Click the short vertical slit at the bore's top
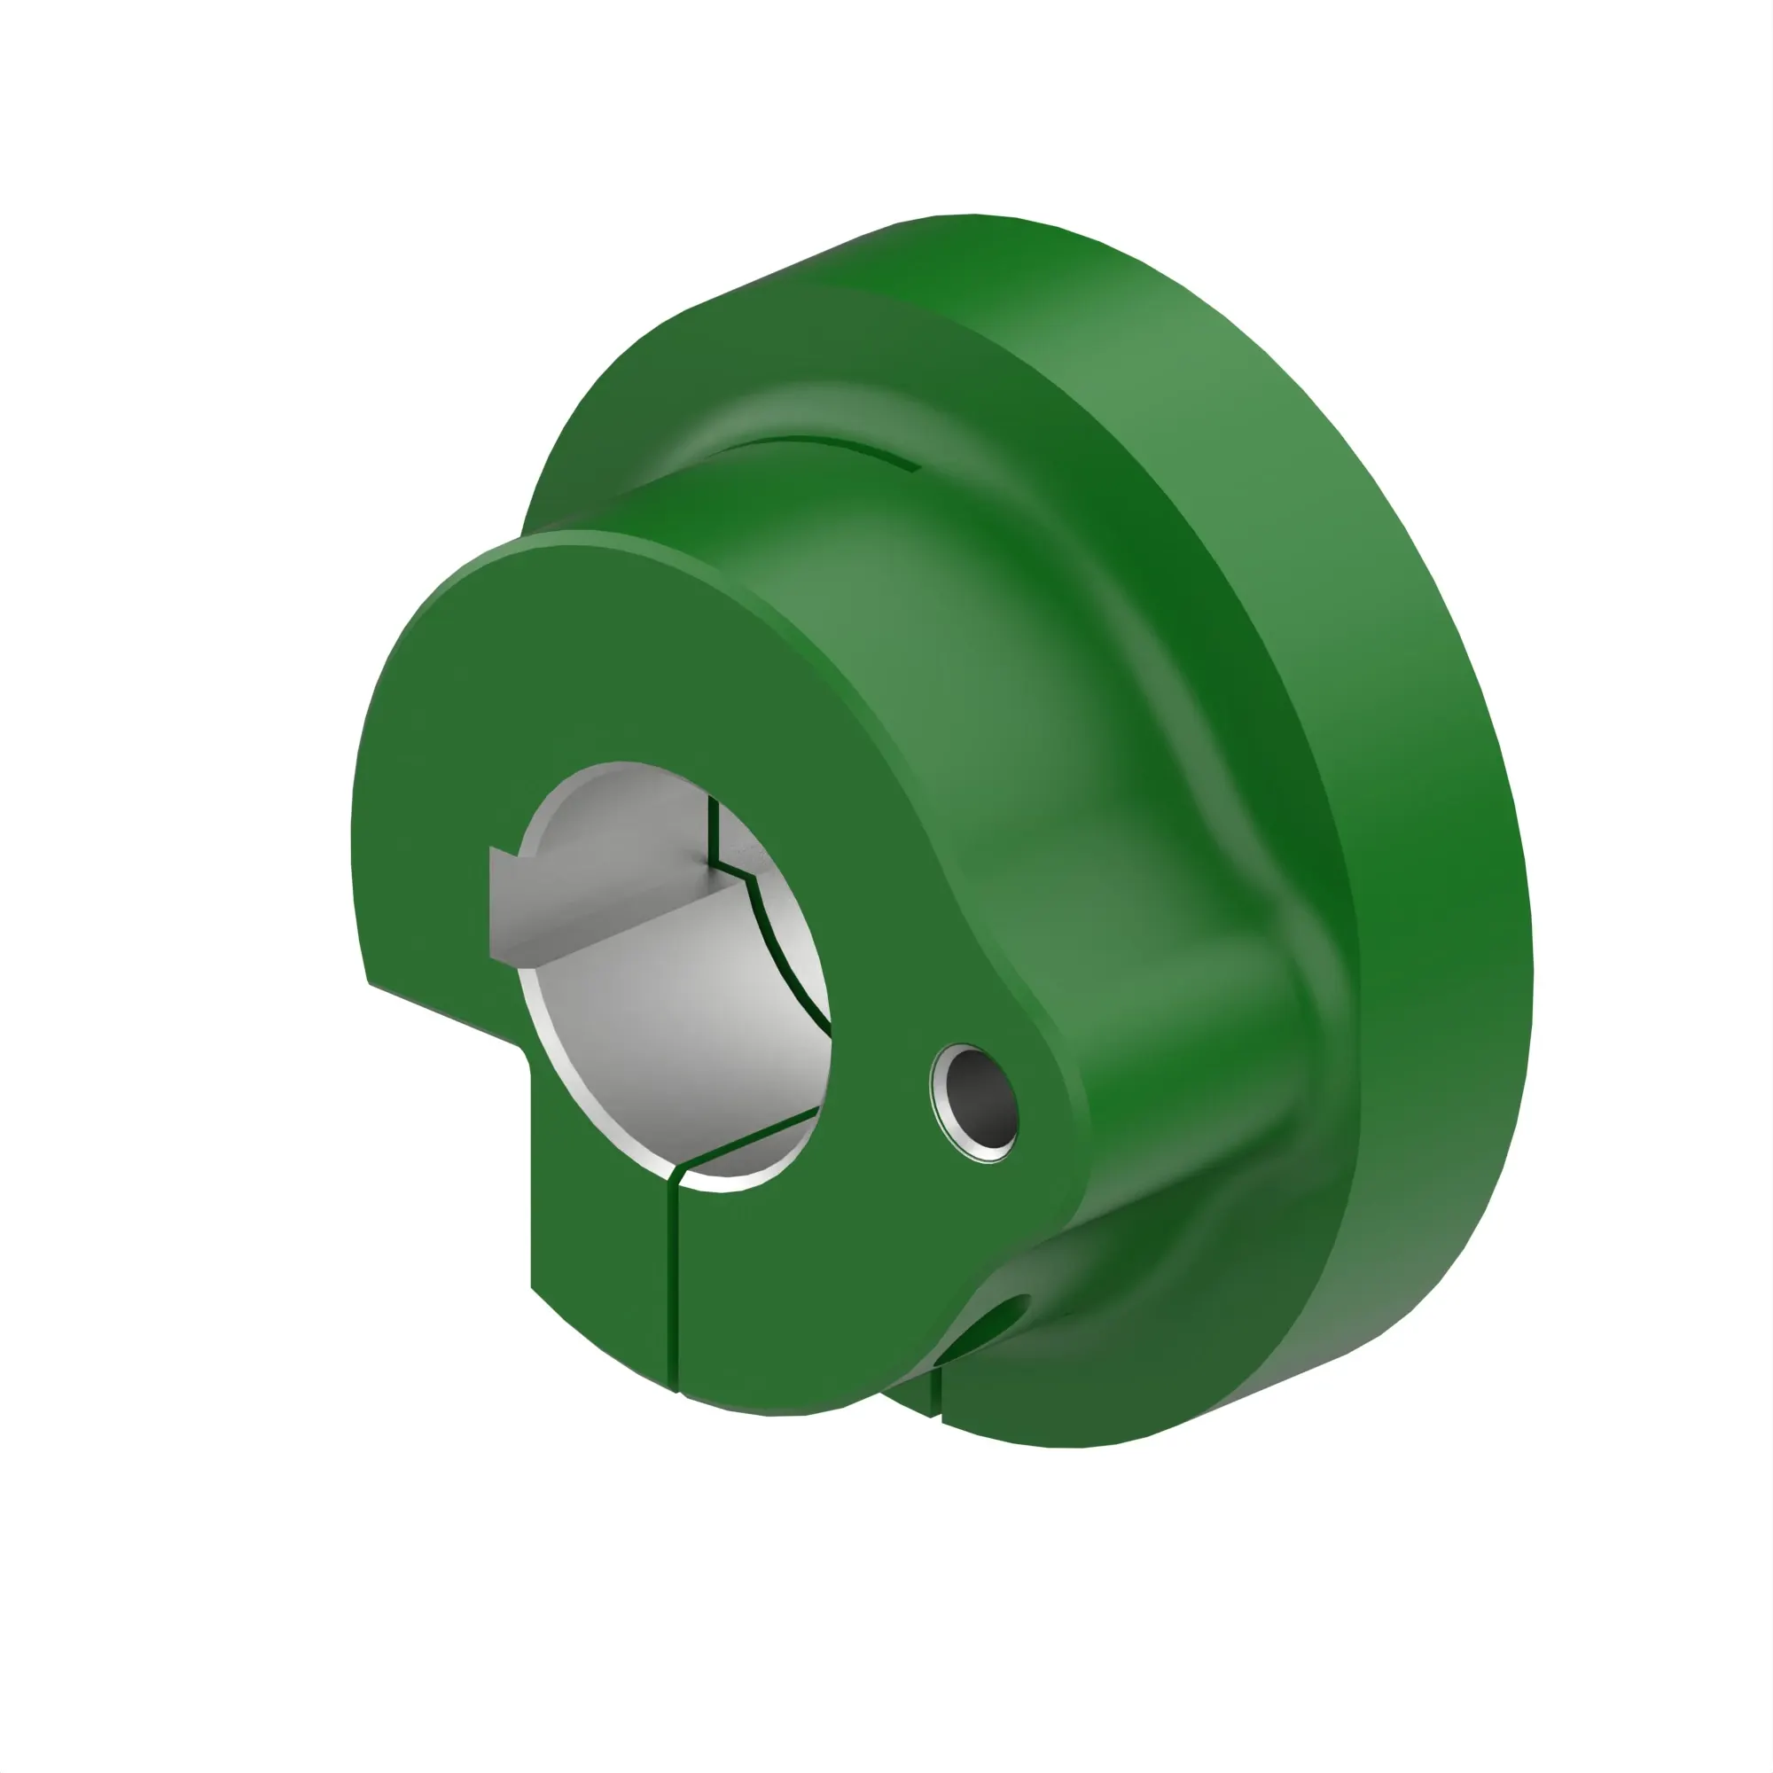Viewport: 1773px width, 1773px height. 712,831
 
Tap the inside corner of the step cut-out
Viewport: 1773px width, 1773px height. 527,1055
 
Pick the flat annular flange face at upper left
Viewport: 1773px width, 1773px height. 624,403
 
